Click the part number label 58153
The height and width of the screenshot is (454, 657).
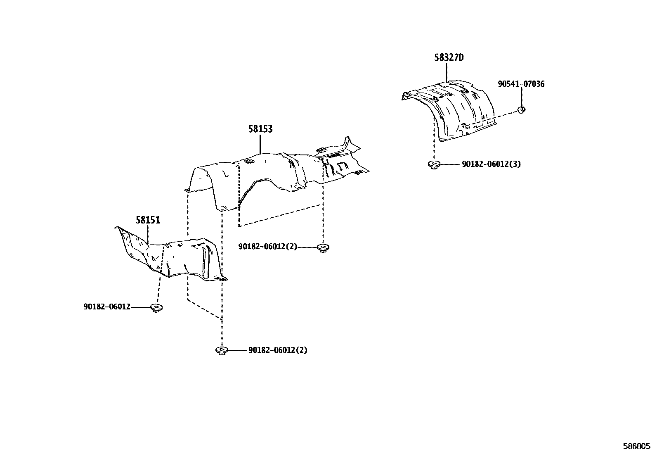(260, 129)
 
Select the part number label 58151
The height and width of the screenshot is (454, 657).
(148, 220)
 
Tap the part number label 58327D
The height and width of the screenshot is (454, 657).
(449, 57)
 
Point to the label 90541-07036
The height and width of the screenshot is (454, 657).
(521, 84)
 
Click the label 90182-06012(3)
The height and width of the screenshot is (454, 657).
(491, 164)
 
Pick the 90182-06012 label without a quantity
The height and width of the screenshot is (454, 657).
(107, 307)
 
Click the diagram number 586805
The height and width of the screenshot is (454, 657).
(637, 447)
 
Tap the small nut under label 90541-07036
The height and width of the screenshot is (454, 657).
(522, 110)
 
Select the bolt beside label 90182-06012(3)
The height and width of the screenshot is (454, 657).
(434, 164)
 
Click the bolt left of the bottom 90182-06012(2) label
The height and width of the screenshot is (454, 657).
(222, 351)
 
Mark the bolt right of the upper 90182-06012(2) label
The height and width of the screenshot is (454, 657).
(323, 248)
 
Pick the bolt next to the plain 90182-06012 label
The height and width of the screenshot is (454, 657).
(157, 308)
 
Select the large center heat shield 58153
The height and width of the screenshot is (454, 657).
(276, 176)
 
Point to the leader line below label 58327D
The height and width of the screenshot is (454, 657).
(446, 73)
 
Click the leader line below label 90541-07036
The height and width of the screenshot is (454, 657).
(521, 97)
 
